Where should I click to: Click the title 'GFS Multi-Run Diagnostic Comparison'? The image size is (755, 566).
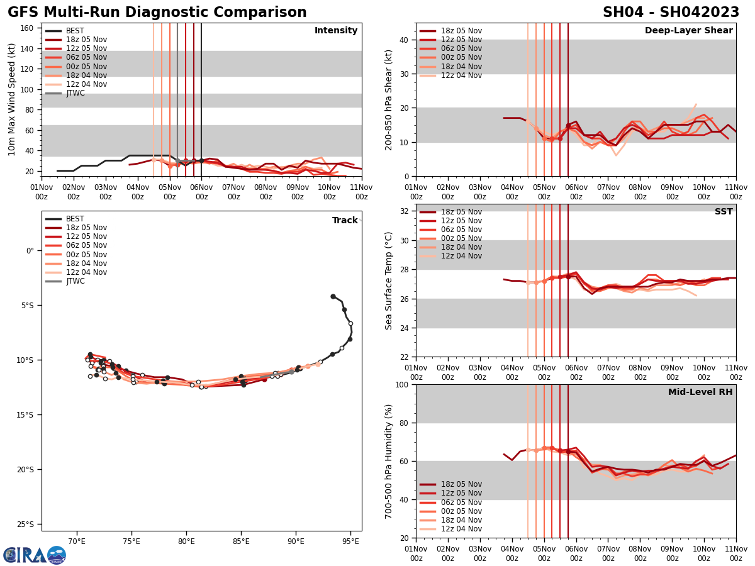(157, 13)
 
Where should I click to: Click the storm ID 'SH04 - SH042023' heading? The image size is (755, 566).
(671, 13)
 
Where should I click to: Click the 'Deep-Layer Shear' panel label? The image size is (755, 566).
(688, 31)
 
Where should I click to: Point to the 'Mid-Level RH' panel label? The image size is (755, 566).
(700, 392)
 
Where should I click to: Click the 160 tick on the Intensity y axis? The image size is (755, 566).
(28, 28)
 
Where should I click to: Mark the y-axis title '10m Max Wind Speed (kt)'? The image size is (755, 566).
(12, 99)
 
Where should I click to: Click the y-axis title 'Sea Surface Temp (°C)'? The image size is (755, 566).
(389, 280)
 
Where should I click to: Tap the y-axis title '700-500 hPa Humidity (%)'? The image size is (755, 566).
(389, 461)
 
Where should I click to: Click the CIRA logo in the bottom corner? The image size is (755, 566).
(35, 555)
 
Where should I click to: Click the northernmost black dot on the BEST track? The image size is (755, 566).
(333, 296)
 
